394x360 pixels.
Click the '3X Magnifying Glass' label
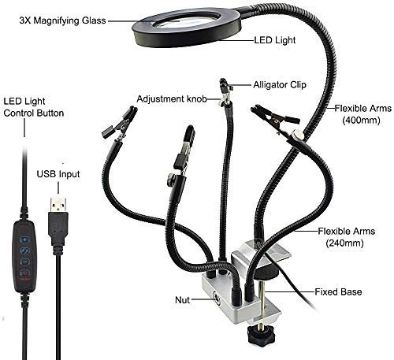(62, 20)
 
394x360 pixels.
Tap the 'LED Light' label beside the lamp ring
(275, 40)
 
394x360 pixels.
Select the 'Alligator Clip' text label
(280, 85)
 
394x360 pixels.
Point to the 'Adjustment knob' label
(172, 99)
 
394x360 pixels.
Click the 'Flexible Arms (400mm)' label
(362, 114)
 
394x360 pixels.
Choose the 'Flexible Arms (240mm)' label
(346, 237)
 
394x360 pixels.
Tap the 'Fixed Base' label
(338, 291)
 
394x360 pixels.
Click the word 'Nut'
(182, 300)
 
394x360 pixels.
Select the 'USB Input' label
(58, 174)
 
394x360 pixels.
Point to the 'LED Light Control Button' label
(34, 107)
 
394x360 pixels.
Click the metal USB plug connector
(58, 205)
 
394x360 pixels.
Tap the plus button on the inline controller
(25, 239)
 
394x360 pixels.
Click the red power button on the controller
(24, 273)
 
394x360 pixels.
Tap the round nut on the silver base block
(217, 299)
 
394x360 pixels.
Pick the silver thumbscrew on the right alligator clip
(297, 135)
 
